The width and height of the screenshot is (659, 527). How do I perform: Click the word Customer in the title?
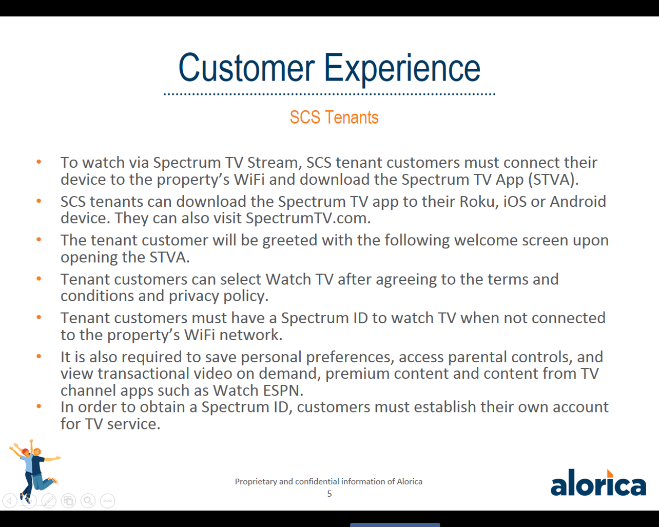click(246, 67)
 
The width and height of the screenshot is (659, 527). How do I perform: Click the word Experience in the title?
click(402, 70)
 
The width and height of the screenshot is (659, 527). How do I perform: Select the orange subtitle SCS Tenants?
click(334, 118)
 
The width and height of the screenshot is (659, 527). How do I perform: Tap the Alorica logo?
click(598, 482)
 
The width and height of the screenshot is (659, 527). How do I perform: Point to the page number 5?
click(329, 494)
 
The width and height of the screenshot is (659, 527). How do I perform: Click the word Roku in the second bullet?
click(479, 202)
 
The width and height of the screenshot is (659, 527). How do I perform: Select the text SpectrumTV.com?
click(308, 218)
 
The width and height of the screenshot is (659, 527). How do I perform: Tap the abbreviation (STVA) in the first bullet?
click(554, 180)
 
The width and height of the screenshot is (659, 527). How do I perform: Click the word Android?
click(578, 202)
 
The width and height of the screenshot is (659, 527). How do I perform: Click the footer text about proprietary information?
click(328, 482)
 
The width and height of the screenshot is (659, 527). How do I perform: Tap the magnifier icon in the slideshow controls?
click(88, 501)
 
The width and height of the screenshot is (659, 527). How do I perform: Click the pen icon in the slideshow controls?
click(49, 501)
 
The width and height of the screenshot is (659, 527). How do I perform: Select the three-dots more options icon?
click(107, 501)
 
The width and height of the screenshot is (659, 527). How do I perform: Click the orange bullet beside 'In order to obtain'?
click(38, 406)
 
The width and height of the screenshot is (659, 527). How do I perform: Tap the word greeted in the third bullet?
click(289, 241)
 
